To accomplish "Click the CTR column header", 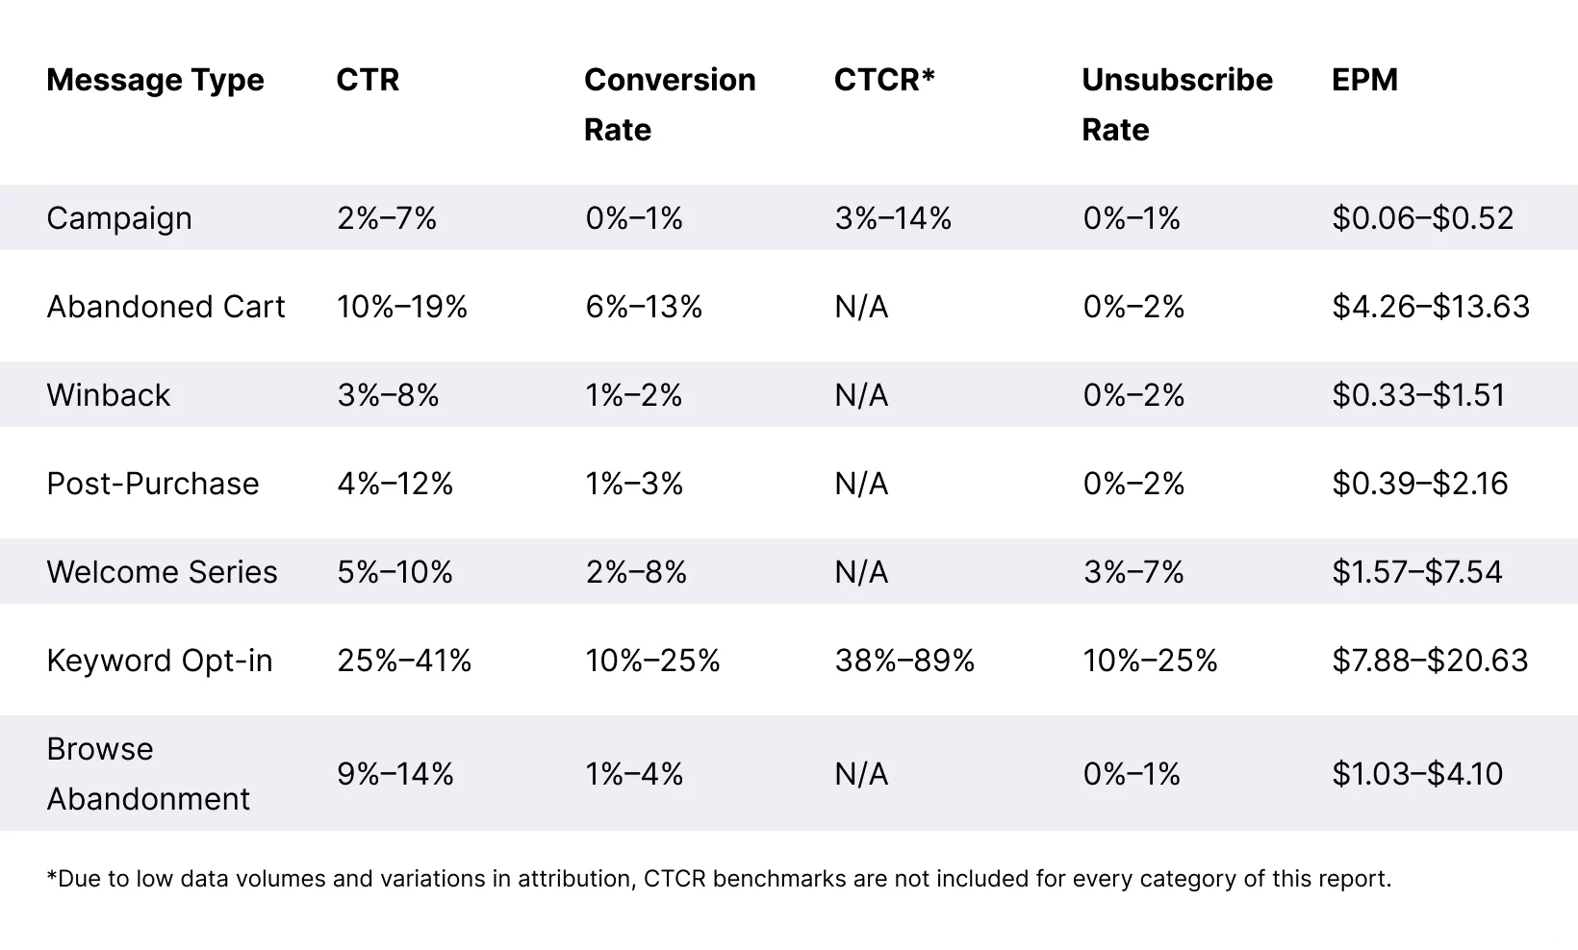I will [x=368, y=80].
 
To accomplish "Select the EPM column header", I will [x=1364, y=80].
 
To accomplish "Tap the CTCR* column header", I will [x=884, y=80].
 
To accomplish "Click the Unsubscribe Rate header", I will [x=1176, y=104].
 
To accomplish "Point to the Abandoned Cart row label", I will [x=165, y=307].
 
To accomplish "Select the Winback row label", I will [x=108, y=395].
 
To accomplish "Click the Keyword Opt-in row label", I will [x=160, y=661].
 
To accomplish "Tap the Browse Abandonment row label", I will [x=147, y=774].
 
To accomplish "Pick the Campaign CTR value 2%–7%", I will [x=387, y=218].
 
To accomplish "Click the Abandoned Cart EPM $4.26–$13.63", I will [x=1431, y=307].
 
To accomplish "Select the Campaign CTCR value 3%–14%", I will [x=893, y=218].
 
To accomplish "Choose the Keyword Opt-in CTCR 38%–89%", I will [x=904, y=661].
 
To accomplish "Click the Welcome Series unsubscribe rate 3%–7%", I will [x=1133, y=572].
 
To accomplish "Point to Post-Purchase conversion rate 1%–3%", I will [x=634, y=484].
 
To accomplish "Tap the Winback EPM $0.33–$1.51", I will [x=1418, y=395].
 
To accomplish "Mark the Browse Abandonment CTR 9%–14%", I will [x=394, y=774].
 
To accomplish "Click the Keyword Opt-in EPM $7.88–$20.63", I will [x=1430, y=661].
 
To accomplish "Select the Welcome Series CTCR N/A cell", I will [x=861, y=572].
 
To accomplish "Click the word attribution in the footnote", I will [x=574, y=879].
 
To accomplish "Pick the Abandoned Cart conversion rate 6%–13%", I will [x=644, y=307].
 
